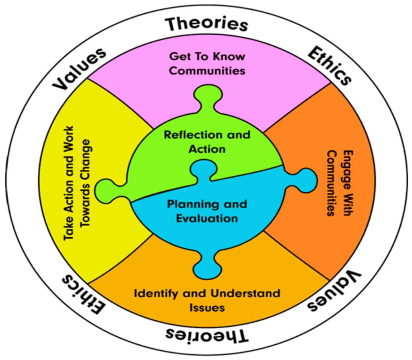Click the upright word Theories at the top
(207, 24)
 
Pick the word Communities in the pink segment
(207, 71)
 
